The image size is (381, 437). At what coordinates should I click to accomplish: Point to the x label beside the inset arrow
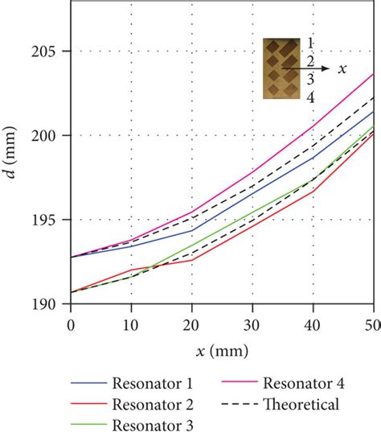[x=342, y=69]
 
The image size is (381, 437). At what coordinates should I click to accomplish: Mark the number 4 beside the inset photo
[x=310, y=97]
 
